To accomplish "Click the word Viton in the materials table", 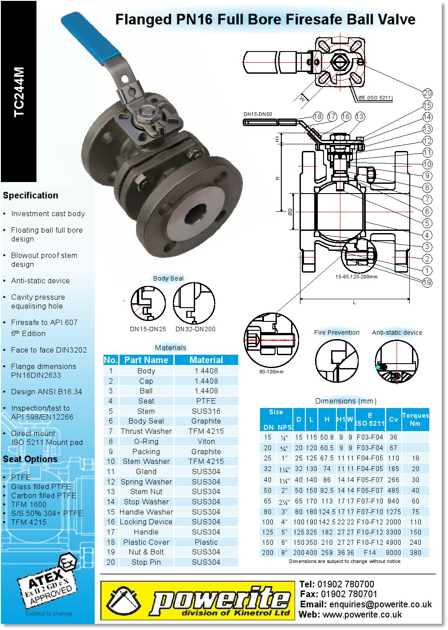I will click(206, 441).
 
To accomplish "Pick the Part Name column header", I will click(146, 360).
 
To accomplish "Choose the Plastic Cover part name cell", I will click(146, 542).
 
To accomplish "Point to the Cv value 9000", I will click(393, 553).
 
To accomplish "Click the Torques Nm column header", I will click(415, 420).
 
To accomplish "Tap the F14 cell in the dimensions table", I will click(369, 553).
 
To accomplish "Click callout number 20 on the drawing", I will click(427, 93).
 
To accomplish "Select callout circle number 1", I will click(427, 270).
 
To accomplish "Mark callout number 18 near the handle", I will click(317, 117).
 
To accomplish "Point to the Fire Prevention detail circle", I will click(336, 361).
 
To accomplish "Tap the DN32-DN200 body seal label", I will click(195, 329).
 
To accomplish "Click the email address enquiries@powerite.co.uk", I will click(380, 604).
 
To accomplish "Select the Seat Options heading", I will click(30, 459).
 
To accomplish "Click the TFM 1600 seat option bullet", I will click(29, 504).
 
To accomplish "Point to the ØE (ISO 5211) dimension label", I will click(376, 98).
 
